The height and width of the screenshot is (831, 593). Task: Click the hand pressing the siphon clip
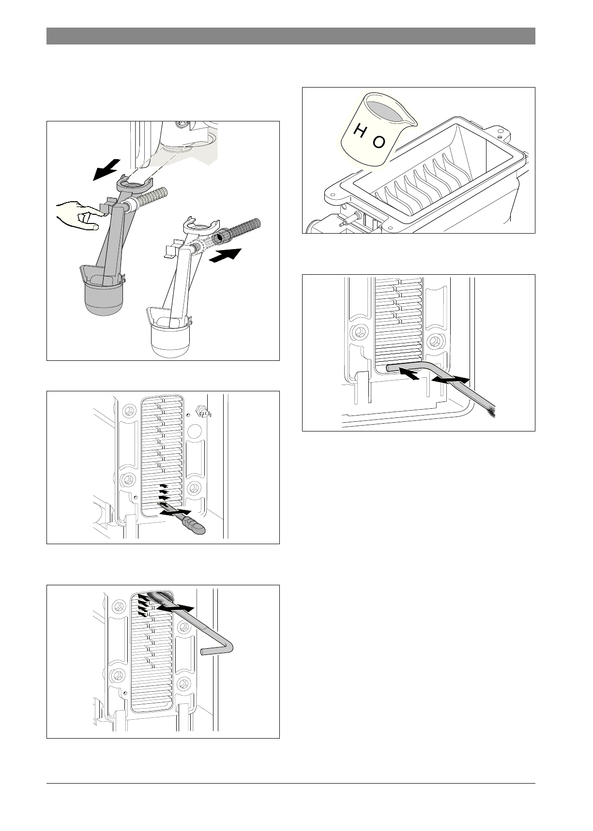[x=77, y=216]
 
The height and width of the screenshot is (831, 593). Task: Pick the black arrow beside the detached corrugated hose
[x=226, y=254]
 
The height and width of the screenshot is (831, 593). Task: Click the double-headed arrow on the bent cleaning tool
[x=450, y=380]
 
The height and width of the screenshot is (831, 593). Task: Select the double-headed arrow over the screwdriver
[x=175, y=512]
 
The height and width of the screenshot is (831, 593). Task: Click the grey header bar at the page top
[x=290, y=36]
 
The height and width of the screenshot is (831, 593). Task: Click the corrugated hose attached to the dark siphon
[x=153, y=198]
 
